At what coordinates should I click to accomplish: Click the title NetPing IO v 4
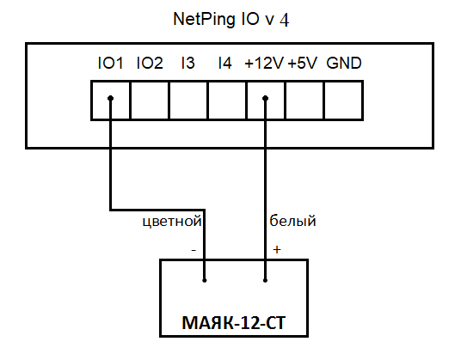(x=231, y=20)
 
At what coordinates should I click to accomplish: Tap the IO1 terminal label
(x=110, y=63)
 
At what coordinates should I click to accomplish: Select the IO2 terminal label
(x=150, y=63)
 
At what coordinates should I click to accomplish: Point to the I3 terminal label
(x=188, y=63)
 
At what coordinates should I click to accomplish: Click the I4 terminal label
(x=225, y=63)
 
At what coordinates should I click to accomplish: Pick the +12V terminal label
(x=264, y=63)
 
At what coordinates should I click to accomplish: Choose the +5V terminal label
(x=303, y=63)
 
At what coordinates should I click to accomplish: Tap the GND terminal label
(x=344, y=63)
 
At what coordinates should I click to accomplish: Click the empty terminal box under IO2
(x=150, y=101)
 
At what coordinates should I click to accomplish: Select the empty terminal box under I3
(x=188, y=101)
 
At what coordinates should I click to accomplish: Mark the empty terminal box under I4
(x=227, y=101)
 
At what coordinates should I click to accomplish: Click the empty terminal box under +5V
(x=304, y=101)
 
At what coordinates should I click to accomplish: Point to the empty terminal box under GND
(x=343, y=101)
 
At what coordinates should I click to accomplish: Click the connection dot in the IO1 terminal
(x=111, y=98)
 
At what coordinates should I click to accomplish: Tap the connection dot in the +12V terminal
(x=265, y=98)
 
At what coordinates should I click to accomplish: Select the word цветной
(x=172, y=222)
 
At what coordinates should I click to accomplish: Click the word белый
(x=292, y=221)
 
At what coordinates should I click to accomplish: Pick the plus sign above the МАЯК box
(x=277, y=249)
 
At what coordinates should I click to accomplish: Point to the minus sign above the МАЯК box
(x=194, y=250)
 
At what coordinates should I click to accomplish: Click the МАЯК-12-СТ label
(x=234, y=323)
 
